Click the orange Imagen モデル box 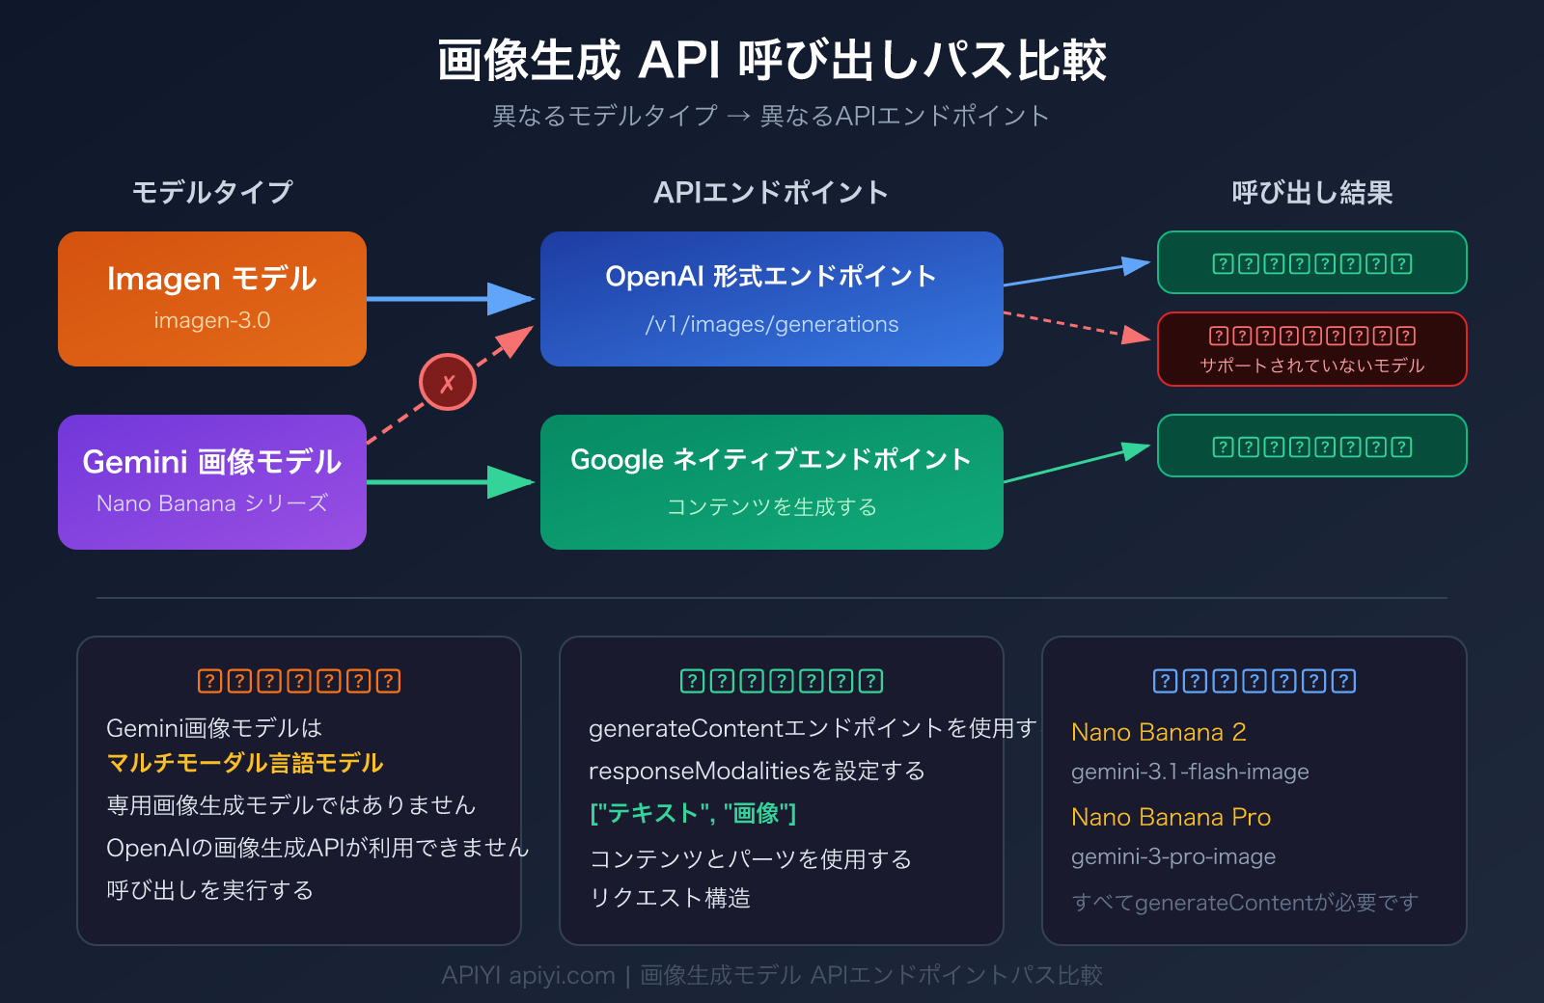click(x=212, y=298)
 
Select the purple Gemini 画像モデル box click(x=212, y=481)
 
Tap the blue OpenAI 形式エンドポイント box click(x=771, y=298)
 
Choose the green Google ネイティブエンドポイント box click(x=771, y=481)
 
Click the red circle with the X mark click(x=447, y=382)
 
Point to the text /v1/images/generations click(x=771, y=324)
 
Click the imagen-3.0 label click(x=212, y=320)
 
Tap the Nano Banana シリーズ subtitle click(x=212, y=503)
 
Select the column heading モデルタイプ click(x=212, y=192)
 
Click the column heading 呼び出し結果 click(x=1311, y=192)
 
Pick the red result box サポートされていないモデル click(x=1311, y=349)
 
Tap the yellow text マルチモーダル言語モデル click(x=245, y=763)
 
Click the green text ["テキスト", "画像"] click(x=693, y=813)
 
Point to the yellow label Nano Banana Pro click(x=1171, y=817)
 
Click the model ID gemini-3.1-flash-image click(x=1190, y=772)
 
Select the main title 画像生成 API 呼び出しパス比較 click(x=771, y=60)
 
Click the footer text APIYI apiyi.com click(x=528, y=975)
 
